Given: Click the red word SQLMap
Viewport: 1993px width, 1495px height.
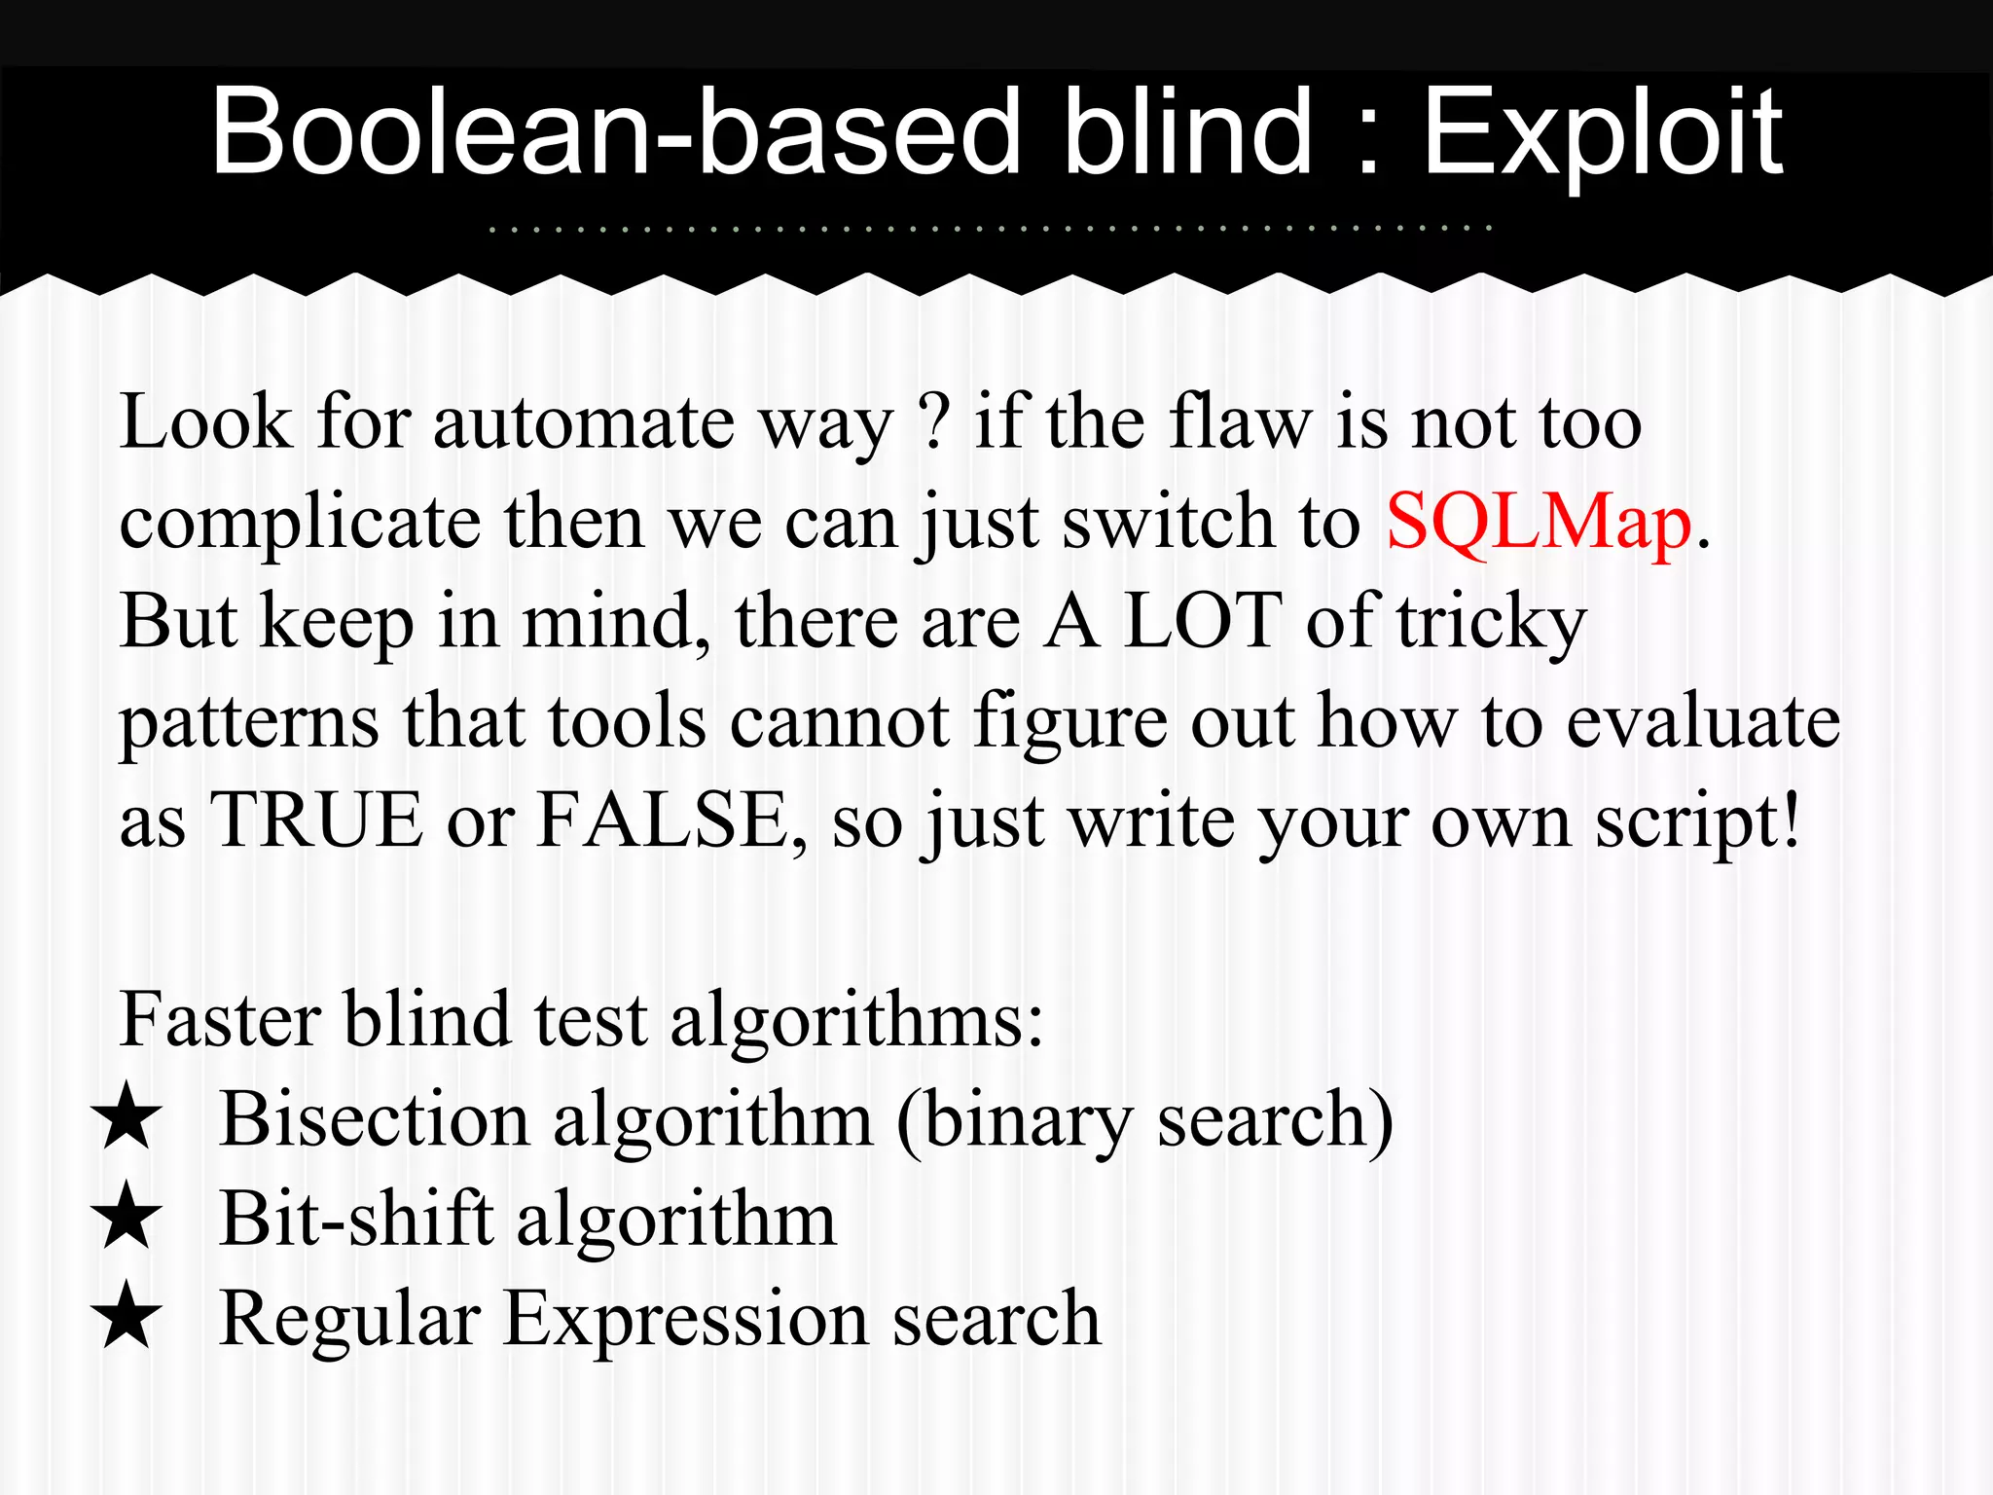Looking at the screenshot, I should click(1539, 523).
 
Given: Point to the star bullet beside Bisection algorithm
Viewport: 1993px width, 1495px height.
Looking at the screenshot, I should click(127, 1116).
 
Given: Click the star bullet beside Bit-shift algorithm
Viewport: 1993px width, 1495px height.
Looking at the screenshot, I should click(127, 1216).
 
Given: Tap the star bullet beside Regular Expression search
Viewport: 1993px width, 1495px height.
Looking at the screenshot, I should click(127, 1315).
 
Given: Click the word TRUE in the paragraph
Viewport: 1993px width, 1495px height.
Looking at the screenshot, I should click(316, 820).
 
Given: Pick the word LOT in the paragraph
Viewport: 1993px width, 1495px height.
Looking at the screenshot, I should click(1202, 621).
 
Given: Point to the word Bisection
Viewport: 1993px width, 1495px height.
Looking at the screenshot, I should click(375, 1119).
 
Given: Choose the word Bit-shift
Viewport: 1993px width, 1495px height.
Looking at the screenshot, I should click(356, 1219).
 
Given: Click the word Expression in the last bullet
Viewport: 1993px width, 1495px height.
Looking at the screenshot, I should click(686, 1320).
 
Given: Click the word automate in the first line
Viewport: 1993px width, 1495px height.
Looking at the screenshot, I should click(583, 423).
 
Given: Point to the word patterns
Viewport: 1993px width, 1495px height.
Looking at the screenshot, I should click(249, 722).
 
